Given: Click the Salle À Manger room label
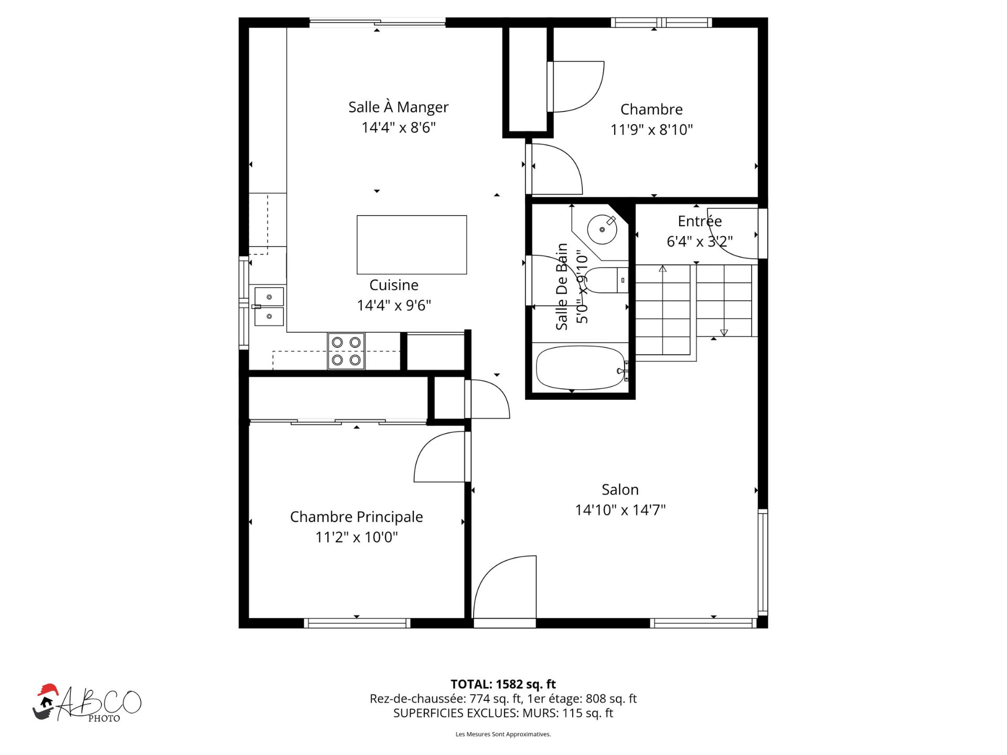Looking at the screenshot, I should (398, 107).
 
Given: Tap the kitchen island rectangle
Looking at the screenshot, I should (412, 244).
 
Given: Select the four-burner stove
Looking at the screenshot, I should (346, 351).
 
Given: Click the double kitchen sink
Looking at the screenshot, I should (269, 306).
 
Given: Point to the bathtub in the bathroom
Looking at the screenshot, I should (581, 368).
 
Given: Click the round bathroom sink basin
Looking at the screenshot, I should (602, 229).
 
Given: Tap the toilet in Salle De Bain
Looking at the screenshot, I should (606, 280).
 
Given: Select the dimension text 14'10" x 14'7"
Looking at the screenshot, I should (620, 510).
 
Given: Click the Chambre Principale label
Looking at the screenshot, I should (356, 517).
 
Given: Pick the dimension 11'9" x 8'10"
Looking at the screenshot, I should (651, 130).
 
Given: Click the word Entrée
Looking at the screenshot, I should (700, 221).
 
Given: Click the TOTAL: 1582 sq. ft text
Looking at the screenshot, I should (503, 684).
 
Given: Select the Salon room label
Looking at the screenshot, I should (620, 490).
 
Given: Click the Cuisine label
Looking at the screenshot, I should (394, 285).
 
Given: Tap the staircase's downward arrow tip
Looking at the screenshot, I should (724, 333).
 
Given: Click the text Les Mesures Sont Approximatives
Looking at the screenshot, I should (503, 734).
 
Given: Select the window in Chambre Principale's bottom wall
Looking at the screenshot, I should (357, 623).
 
